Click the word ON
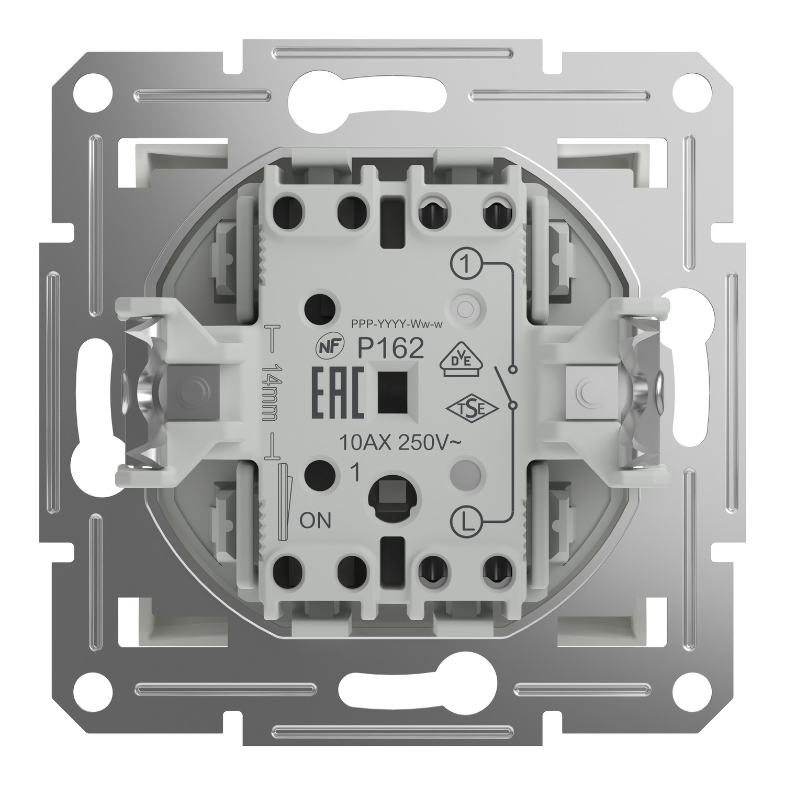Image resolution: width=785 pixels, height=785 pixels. click(x=316, y=521)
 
